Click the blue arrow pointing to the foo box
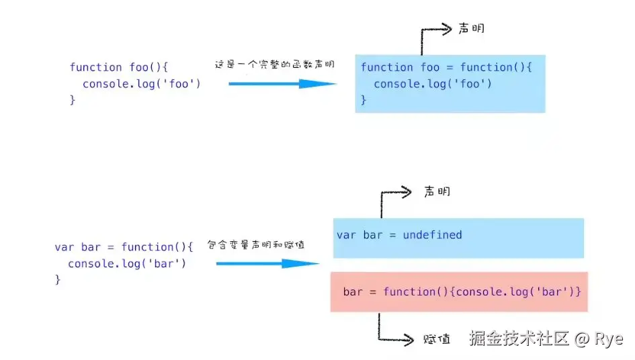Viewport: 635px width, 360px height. [282, 84]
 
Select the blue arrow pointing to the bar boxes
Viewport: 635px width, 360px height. [267, 264]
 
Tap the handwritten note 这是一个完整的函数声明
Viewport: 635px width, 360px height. [275, 64]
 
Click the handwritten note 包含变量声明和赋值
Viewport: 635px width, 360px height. [256, 244]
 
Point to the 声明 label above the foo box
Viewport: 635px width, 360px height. [472, 28]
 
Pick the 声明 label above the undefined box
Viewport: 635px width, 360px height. [437, 191]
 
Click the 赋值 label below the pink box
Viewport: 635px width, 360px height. [437, 339]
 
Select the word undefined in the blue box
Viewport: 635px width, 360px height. [432, 235]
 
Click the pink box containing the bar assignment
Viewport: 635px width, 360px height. [459, 292]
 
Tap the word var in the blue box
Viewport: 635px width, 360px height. [346, 235]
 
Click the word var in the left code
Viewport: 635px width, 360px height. [65, 247]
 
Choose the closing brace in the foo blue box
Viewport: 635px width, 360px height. [364, 99]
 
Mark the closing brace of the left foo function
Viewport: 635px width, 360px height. [73, 99]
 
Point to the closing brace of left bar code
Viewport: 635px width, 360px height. [58, 279]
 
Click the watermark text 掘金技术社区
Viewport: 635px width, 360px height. [519, 338]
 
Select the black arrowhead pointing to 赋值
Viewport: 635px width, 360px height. [408, 339]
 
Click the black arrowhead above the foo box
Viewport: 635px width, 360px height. [446, 29]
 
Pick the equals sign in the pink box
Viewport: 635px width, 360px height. [372, 292]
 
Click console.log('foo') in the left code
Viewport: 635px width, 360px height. [141, 84]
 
